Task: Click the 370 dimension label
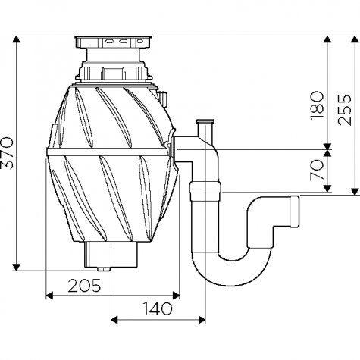tap(7, 153)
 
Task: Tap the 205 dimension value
tap(84, 286)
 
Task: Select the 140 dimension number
tap(158, 308)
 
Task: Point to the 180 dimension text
tap(317, 105)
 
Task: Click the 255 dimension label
tap(345, 110)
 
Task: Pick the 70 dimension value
tap(317, 170)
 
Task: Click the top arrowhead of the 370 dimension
tap(17, 39)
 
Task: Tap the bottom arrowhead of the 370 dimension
tap(17, 268)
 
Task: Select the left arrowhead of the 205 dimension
tap(49, 295)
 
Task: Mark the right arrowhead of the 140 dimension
tap(202, 320)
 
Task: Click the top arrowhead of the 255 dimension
tap(355, 39)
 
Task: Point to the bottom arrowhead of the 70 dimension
tap(327, 189)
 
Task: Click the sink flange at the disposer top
tap(114, 42)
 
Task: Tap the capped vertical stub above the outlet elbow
tap(205, 129)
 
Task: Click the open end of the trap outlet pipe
tap(295, 211)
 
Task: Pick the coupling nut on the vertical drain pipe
tap(205, 188)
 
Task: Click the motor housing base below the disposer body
tap(111, 255)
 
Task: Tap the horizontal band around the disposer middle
tap(108, 152)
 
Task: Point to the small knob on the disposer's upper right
tap(162, 99)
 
